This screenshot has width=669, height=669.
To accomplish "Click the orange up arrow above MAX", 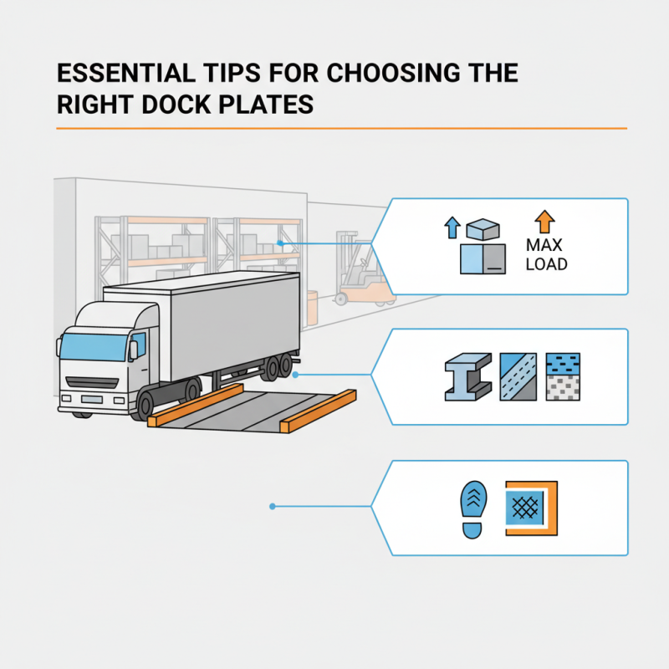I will click(544, 222).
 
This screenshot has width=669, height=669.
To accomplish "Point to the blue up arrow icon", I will click(452, 227).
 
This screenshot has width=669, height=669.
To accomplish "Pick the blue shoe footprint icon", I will click(471, 508).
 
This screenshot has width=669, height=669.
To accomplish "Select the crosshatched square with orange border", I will click(530, 508).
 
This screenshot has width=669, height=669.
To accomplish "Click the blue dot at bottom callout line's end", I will click(272, 506).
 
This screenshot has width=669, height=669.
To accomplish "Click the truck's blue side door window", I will click(138, 344).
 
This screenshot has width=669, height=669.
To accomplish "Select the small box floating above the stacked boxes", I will click(483, 229).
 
